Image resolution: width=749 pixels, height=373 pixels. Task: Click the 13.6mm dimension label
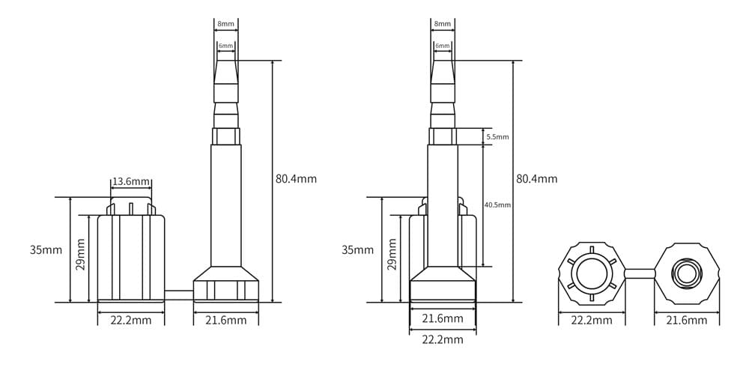pyautogui.click(x=131, y=182)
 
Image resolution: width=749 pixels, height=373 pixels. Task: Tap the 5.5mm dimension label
pyautogui.click(x=497, y=137)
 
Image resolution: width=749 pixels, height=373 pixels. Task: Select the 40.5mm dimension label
pyautogui.click(x=498, y=204)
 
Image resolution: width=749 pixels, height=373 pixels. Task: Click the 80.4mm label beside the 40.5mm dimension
pyautogui.click(x=536, y=179)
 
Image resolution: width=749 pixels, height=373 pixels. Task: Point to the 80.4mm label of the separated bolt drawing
pyautogui.click(x=296, y=179)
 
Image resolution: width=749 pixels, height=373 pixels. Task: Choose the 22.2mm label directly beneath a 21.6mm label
pyautogui.click(x=442, y=339)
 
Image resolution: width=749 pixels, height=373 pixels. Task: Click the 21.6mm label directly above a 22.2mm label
pyautogui.click(x=442, y=319)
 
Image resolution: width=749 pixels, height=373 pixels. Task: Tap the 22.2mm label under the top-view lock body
pyautogui.click(x=592, y=321)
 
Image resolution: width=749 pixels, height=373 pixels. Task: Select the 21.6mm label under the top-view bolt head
pyautogui.click(x=686, y=321)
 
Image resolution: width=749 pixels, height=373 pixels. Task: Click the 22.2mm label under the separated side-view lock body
pyautogui.click(x=131, y=321)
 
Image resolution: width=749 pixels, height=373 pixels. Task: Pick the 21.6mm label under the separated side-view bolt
pyautogui.click(x=225, y=321)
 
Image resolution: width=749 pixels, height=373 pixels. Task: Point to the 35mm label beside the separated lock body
pyautogui.click(x=46, y=249)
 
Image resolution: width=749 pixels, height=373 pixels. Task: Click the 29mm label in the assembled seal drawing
pyautogui.click(x=392, y=253)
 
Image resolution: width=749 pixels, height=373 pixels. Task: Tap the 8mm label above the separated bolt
pyautogui.click(x=225, y=24)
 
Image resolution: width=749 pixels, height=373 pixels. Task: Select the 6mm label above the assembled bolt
pyautogui.click(x=443, y=46)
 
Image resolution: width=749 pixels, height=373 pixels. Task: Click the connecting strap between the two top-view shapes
pyautogui.click(x=639, y=273)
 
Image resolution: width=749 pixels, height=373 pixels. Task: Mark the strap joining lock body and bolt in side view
pyautogui.click(x=179, y=294)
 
